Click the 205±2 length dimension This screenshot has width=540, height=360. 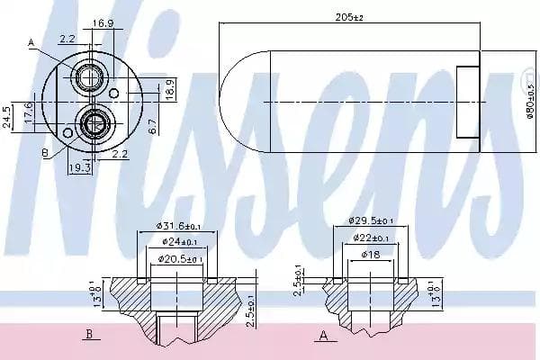(363, 15)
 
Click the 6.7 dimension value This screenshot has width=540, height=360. (154, 127)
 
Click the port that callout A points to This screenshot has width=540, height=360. (90, 76)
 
